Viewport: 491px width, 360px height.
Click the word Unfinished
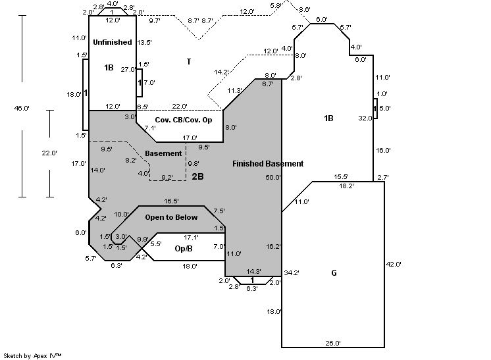(x=113, y=42)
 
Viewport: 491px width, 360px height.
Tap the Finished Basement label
(x=268, y=164)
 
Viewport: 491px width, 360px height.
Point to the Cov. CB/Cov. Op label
(x=184, y=119)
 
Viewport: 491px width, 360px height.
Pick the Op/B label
(x=184, y=249)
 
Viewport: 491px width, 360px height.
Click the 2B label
(x=197, y=176)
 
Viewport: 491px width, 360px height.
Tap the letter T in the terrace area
(x=189, y=62)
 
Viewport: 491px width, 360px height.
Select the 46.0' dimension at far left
(x=22, y=108)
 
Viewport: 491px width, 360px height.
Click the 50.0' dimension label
(x=273, y=178)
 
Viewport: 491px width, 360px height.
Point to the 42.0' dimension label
(x=394, y=264)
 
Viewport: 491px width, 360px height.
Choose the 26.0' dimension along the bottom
(x=333, y=343)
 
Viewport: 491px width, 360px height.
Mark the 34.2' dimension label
(x=292, y=272)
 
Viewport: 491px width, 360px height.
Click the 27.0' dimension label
(x=127, y=69)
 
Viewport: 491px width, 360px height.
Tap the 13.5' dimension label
(x=143, y=42)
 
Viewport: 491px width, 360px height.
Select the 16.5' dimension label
(x=172, y=201)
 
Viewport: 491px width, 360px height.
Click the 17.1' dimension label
(x=191, y=237)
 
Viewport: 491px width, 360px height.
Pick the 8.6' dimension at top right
(x=305, y=9)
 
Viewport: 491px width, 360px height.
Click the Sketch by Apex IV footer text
(x=33, y=355)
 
